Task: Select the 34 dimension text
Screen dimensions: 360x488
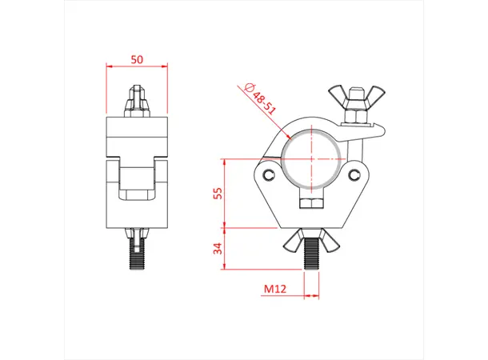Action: [217, 248]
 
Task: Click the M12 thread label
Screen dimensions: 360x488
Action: [276, 288]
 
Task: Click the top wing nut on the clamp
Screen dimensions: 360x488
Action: [353, 101]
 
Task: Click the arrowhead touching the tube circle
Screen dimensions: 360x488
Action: [285, 137]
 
